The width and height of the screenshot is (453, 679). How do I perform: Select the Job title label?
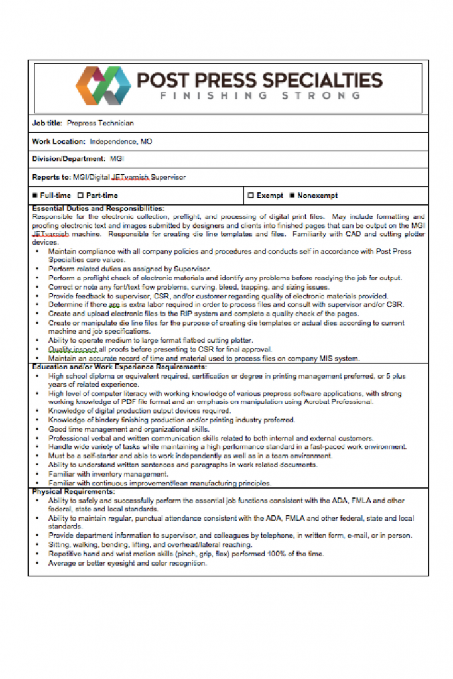tap(47, 123)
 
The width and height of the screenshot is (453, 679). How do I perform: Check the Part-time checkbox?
tap(80, 196)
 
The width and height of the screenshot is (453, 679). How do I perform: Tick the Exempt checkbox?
tap(251, 196)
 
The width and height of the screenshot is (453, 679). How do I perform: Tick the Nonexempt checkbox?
tap(292, 196)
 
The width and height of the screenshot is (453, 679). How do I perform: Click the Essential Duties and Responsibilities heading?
tap(98, 208)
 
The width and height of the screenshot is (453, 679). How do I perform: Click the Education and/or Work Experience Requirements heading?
tap(119, 367)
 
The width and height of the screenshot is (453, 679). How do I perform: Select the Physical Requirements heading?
tap(74, 492)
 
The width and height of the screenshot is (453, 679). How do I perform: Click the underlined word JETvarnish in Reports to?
tap(131, 177)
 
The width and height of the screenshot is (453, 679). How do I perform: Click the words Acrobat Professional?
tap(338, 402)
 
